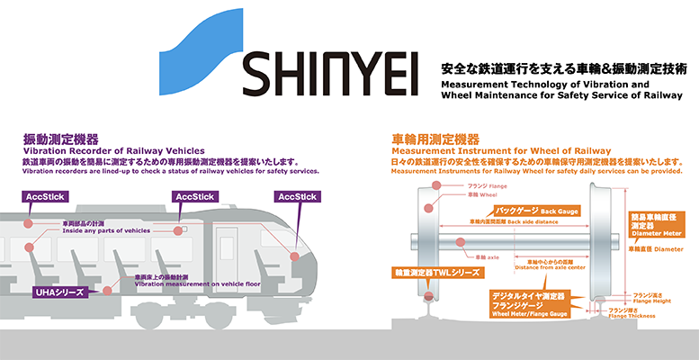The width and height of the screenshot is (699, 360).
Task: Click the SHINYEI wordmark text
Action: tap(330, 77)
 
